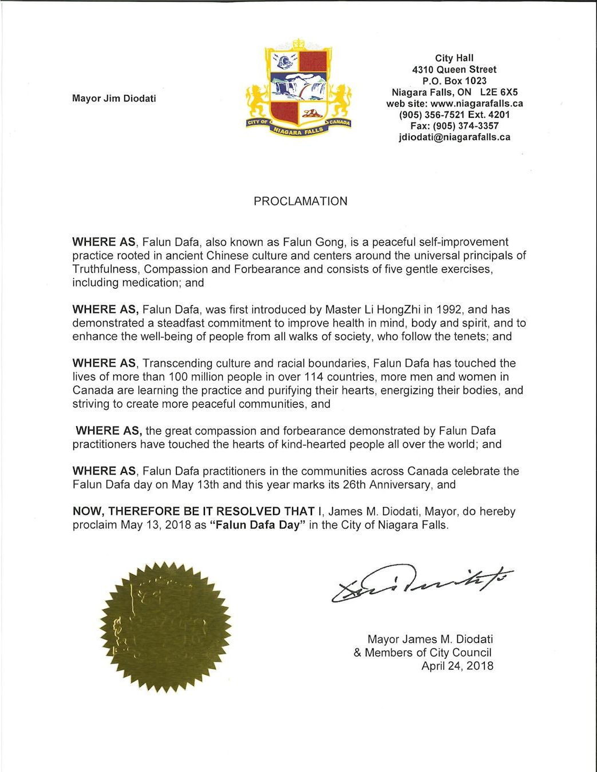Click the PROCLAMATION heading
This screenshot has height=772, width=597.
[301, 201]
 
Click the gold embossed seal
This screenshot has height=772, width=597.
[166, 627]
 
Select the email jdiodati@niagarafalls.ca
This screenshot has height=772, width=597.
[454, 137]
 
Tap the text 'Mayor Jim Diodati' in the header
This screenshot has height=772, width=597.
[114, 98]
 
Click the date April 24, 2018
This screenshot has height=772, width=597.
[457, 666]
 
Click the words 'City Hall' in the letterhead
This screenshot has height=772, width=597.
[454, 58]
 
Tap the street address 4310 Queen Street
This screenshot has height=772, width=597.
[454, 69]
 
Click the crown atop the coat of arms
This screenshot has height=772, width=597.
[298, 44]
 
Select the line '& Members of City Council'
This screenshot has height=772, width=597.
[422, 652]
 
